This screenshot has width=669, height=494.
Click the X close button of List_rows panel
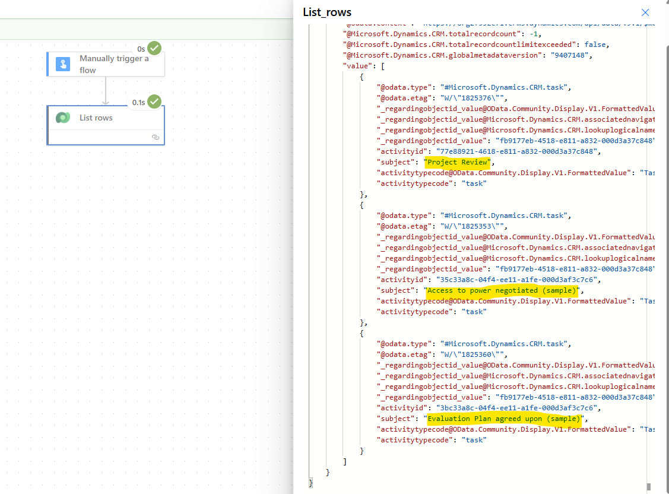[x=645, y=12]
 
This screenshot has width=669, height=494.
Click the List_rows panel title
[x=327, y=12]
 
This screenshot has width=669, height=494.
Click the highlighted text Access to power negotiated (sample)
[x=502, y=290]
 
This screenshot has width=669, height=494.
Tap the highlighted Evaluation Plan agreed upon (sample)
[x=503, y=419]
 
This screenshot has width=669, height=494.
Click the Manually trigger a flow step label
[x=114, y=64]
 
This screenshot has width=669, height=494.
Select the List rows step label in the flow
[x=96, y=118]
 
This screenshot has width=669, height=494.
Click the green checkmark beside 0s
[x=154, y=48]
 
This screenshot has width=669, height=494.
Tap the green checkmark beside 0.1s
[x=154, y=102]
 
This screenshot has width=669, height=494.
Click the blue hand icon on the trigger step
[x=63, y=64]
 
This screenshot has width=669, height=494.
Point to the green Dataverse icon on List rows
[x=63, y=118]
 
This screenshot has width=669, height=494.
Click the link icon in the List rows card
[x=156, y=137]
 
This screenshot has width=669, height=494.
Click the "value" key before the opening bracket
[x=357, y=66]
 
